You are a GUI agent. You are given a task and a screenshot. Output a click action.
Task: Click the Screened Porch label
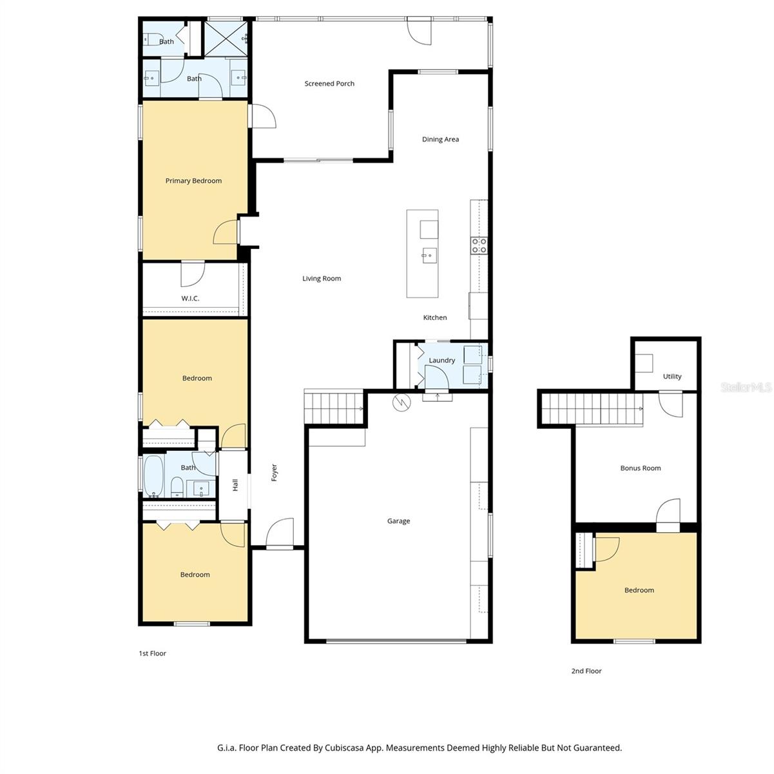pos(329,83)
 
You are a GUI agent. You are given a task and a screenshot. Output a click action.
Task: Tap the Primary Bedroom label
pos(193,181)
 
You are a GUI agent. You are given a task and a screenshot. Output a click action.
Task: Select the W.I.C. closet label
pos(190,298)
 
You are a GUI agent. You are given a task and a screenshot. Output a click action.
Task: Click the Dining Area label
pos(440,139)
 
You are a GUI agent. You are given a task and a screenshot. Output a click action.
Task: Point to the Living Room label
pos(322,279)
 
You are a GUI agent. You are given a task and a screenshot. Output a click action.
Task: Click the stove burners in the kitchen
pos(479,244)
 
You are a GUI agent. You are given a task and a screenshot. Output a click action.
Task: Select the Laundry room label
pos(441,361)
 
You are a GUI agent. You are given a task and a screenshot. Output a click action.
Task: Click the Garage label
pos(398,521)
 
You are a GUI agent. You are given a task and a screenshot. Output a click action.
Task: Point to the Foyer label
pos(274,472)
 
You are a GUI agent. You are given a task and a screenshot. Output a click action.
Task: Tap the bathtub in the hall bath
pos(153,475)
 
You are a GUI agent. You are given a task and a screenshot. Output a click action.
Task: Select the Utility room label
pos(672,377)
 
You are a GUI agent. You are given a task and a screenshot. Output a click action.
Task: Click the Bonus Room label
pos(640,468)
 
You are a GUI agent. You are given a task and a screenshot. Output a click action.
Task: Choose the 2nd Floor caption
pos(586,671)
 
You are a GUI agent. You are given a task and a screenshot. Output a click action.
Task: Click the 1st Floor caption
pos(152,653)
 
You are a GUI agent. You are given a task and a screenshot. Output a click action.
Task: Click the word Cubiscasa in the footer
pos(347,748)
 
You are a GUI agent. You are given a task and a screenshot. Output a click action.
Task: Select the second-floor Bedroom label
pos(639,590)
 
